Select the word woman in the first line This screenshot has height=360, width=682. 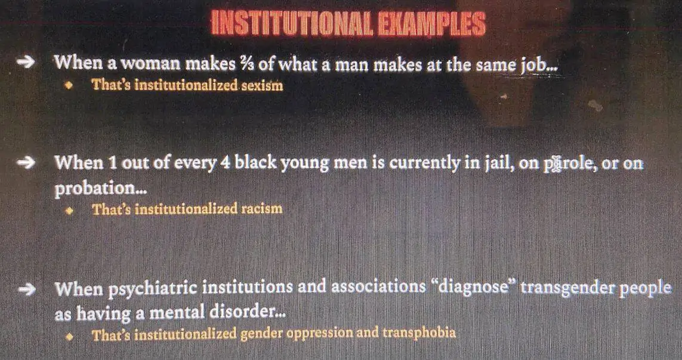(x=150, y=64)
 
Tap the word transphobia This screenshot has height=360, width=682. (x=419, y=333)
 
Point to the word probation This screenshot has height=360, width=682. (x=95, y=189)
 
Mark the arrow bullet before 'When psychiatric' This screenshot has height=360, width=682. (x=27, y=290)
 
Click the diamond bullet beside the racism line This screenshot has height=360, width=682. (x=68, y=211)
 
